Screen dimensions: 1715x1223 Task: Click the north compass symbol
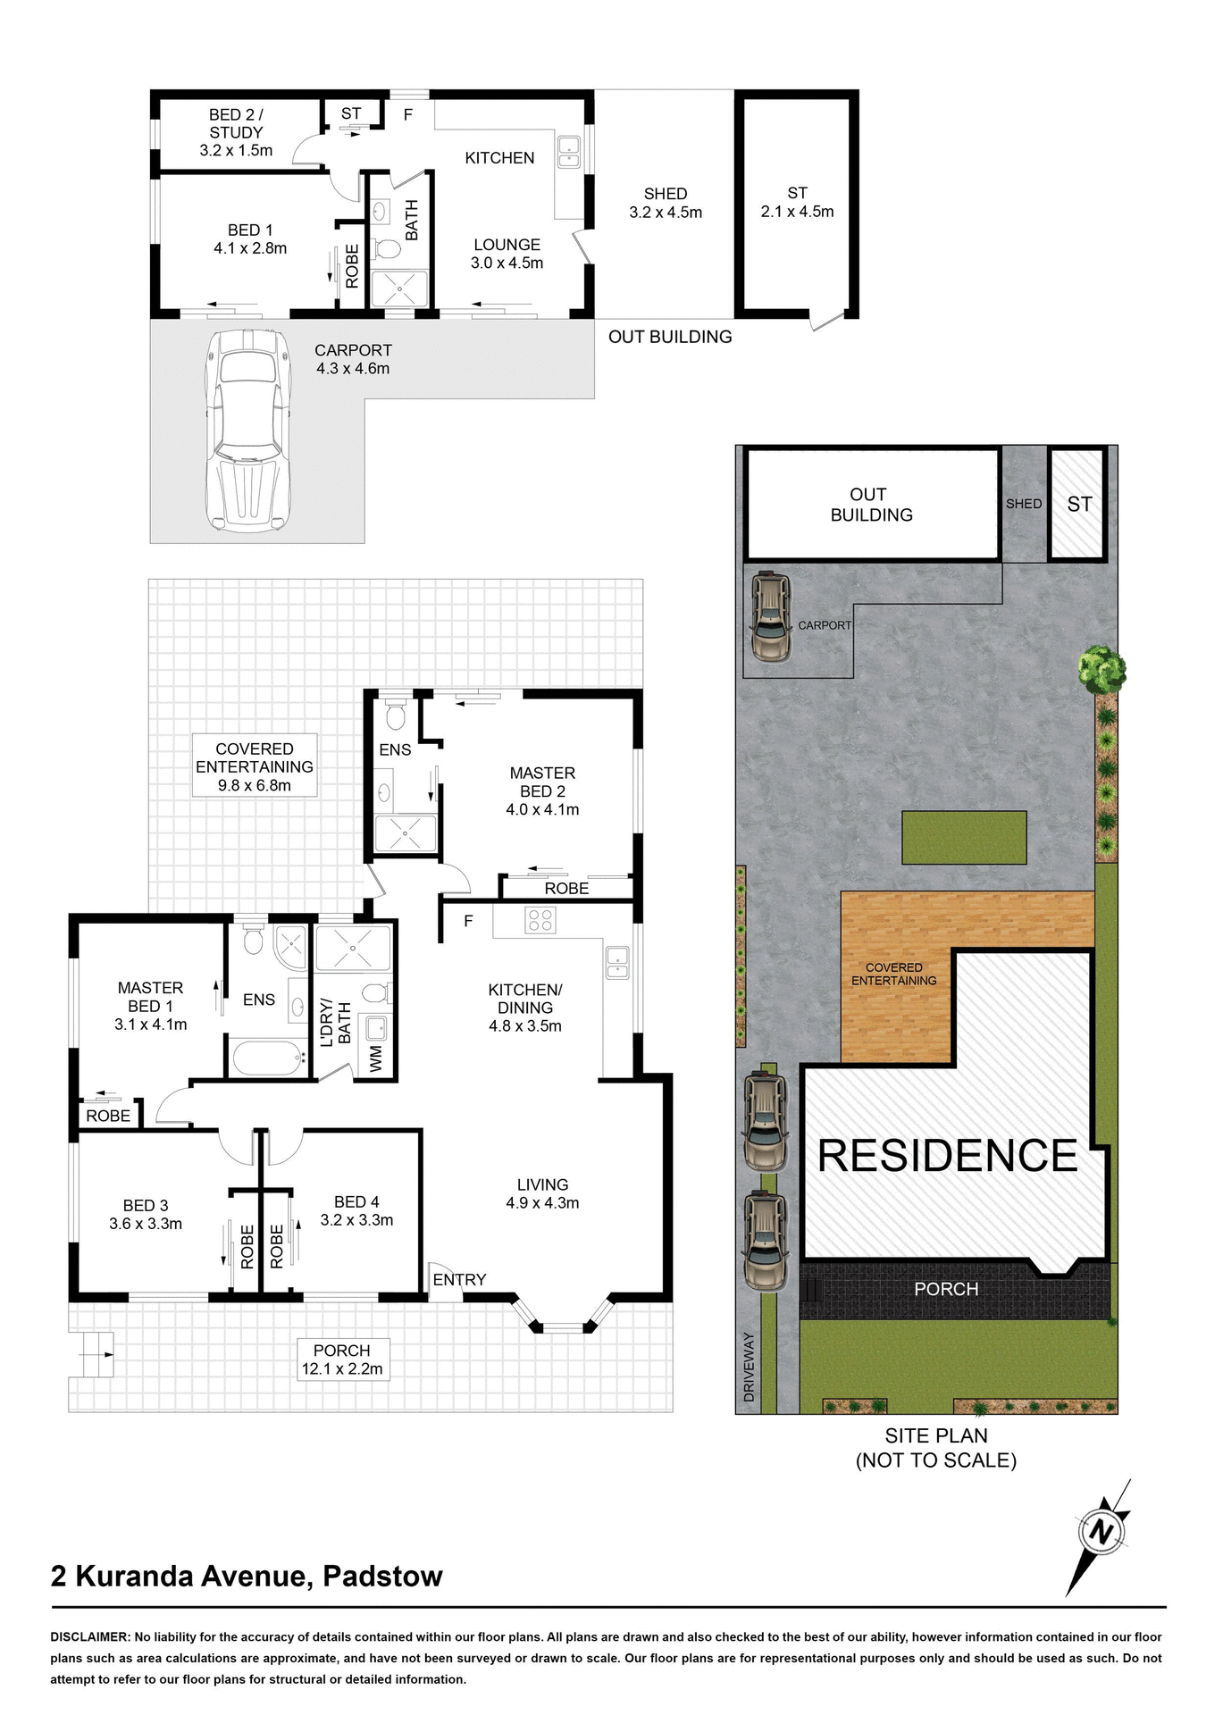1102,1533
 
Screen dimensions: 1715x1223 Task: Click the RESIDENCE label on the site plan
948,1156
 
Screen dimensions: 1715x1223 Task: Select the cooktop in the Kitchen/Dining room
540,919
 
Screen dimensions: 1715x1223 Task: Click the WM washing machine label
376,1058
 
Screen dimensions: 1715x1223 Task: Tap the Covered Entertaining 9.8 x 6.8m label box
255,767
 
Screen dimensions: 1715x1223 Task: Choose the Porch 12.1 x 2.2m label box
342,1359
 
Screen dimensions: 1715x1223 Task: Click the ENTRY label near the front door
459,1280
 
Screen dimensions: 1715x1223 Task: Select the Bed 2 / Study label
236,132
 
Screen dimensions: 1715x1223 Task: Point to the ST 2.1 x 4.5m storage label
797,203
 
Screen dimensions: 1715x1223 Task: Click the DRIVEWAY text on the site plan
750,1367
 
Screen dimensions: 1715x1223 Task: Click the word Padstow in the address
382,1577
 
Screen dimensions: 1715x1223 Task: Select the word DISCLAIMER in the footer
90,1637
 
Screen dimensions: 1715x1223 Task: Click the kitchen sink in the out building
569,151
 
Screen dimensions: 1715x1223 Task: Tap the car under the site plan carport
771,616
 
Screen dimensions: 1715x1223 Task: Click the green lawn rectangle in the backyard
964,837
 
